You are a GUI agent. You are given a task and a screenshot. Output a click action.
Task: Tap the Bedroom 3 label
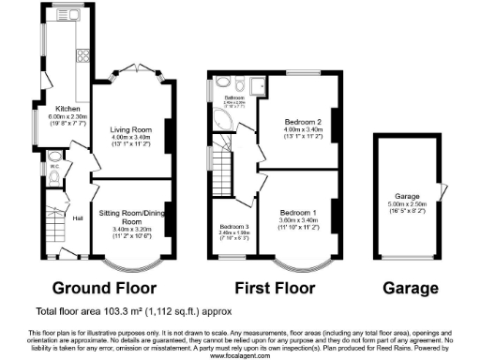[233, 227]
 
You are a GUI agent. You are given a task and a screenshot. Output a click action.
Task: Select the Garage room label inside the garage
[405, 196]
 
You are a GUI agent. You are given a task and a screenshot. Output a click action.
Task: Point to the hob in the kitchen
[81, 53]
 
